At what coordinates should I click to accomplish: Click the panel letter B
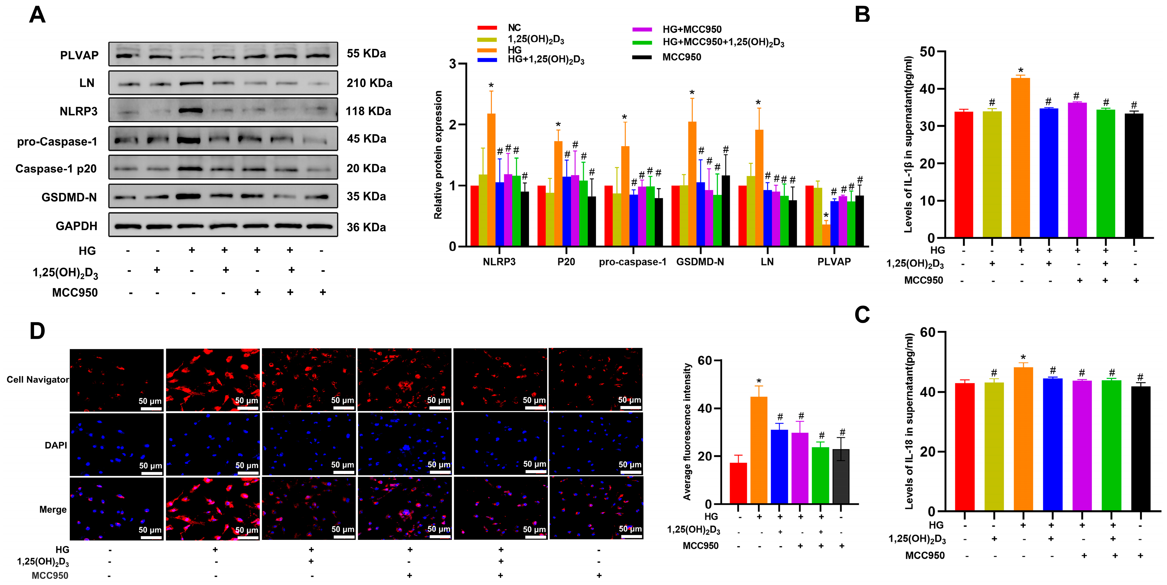click(862, 15)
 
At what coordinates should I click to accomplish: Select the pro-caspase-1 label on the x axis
click(633, 262)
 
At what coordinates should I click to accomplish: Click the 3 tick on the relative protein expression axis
click(452, 64)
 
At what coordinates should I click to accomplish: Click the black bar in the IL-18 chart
click(1140, 448)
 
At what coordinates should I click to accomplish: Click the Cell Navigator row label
click(37, 379)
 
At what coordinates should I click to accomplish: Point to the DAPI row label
click(56, 445)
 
